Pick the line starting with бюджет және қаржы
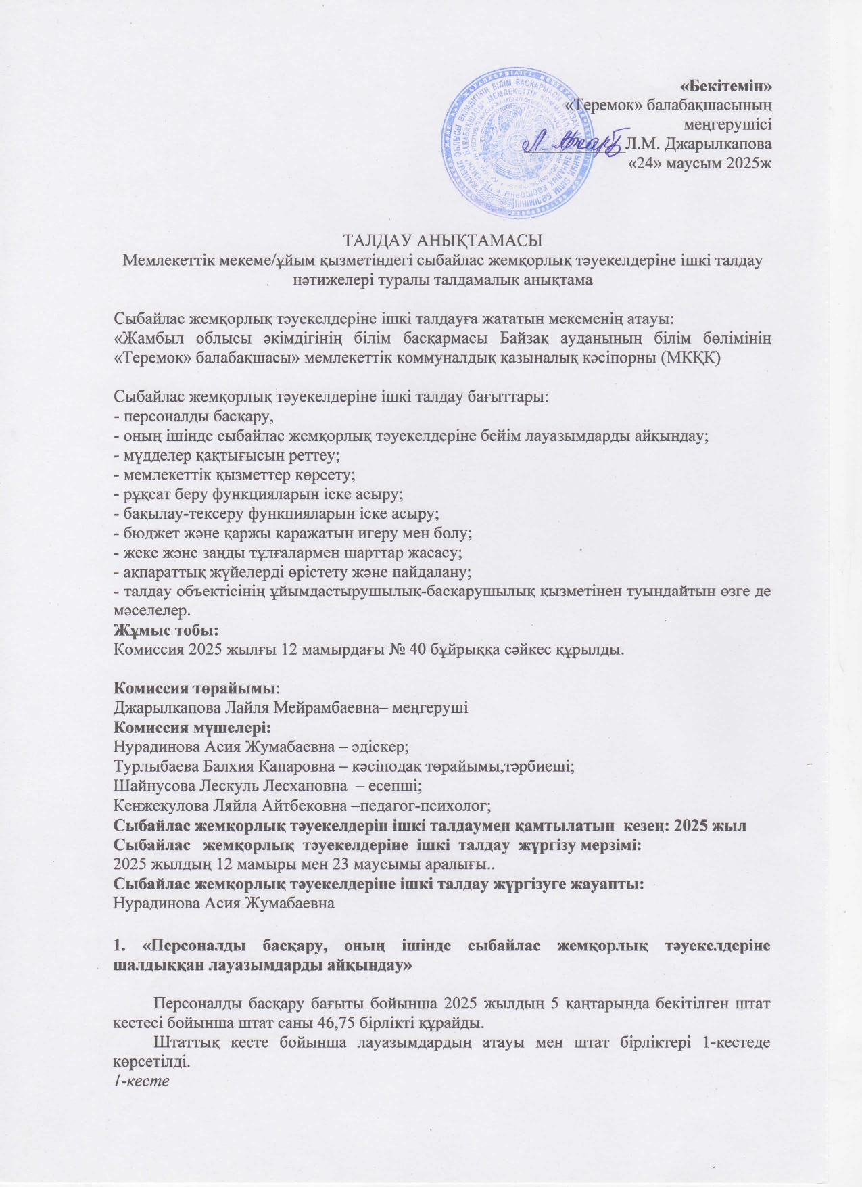tap(292, 532)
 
